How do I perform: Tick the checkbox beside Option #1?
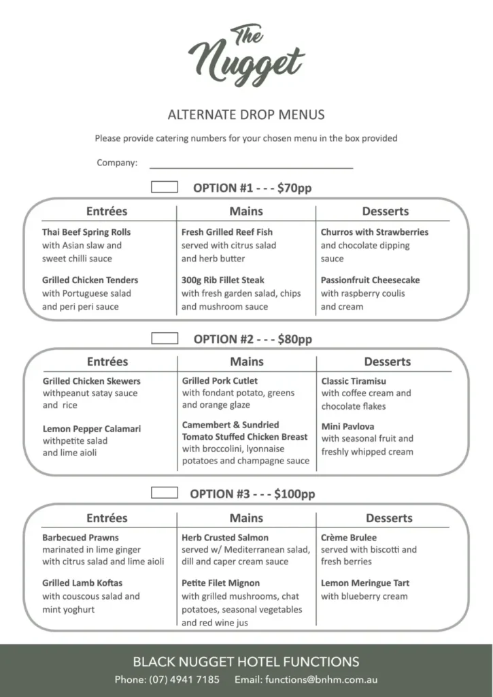click(165, 187)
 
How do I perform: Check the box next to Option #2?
click(165, 338)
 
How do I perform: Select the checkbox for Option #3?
click(164, 493)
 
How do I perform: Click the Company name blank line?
click(251, 163)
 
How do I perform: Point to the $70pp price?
click(294, 188)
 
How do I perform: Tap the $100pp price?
click(294, 494)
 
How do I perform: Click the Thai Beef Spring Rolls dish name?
click(86, 232)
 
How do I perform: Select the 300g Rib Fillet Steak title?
click(223, 280)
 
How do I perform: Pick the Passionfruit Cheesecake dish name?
click(371, 280)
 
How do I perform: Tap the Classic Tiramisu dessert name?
click(354, 381)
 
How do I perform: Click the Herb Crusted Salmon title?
click(225, 538)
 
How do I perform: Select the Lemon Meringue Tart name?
click(365, 583)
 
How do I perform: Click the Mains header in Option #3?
click(246, 518)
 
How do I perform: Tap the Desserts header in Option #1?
click(386, 211)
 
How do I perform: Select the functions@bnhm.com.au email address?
click(322, 679)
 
